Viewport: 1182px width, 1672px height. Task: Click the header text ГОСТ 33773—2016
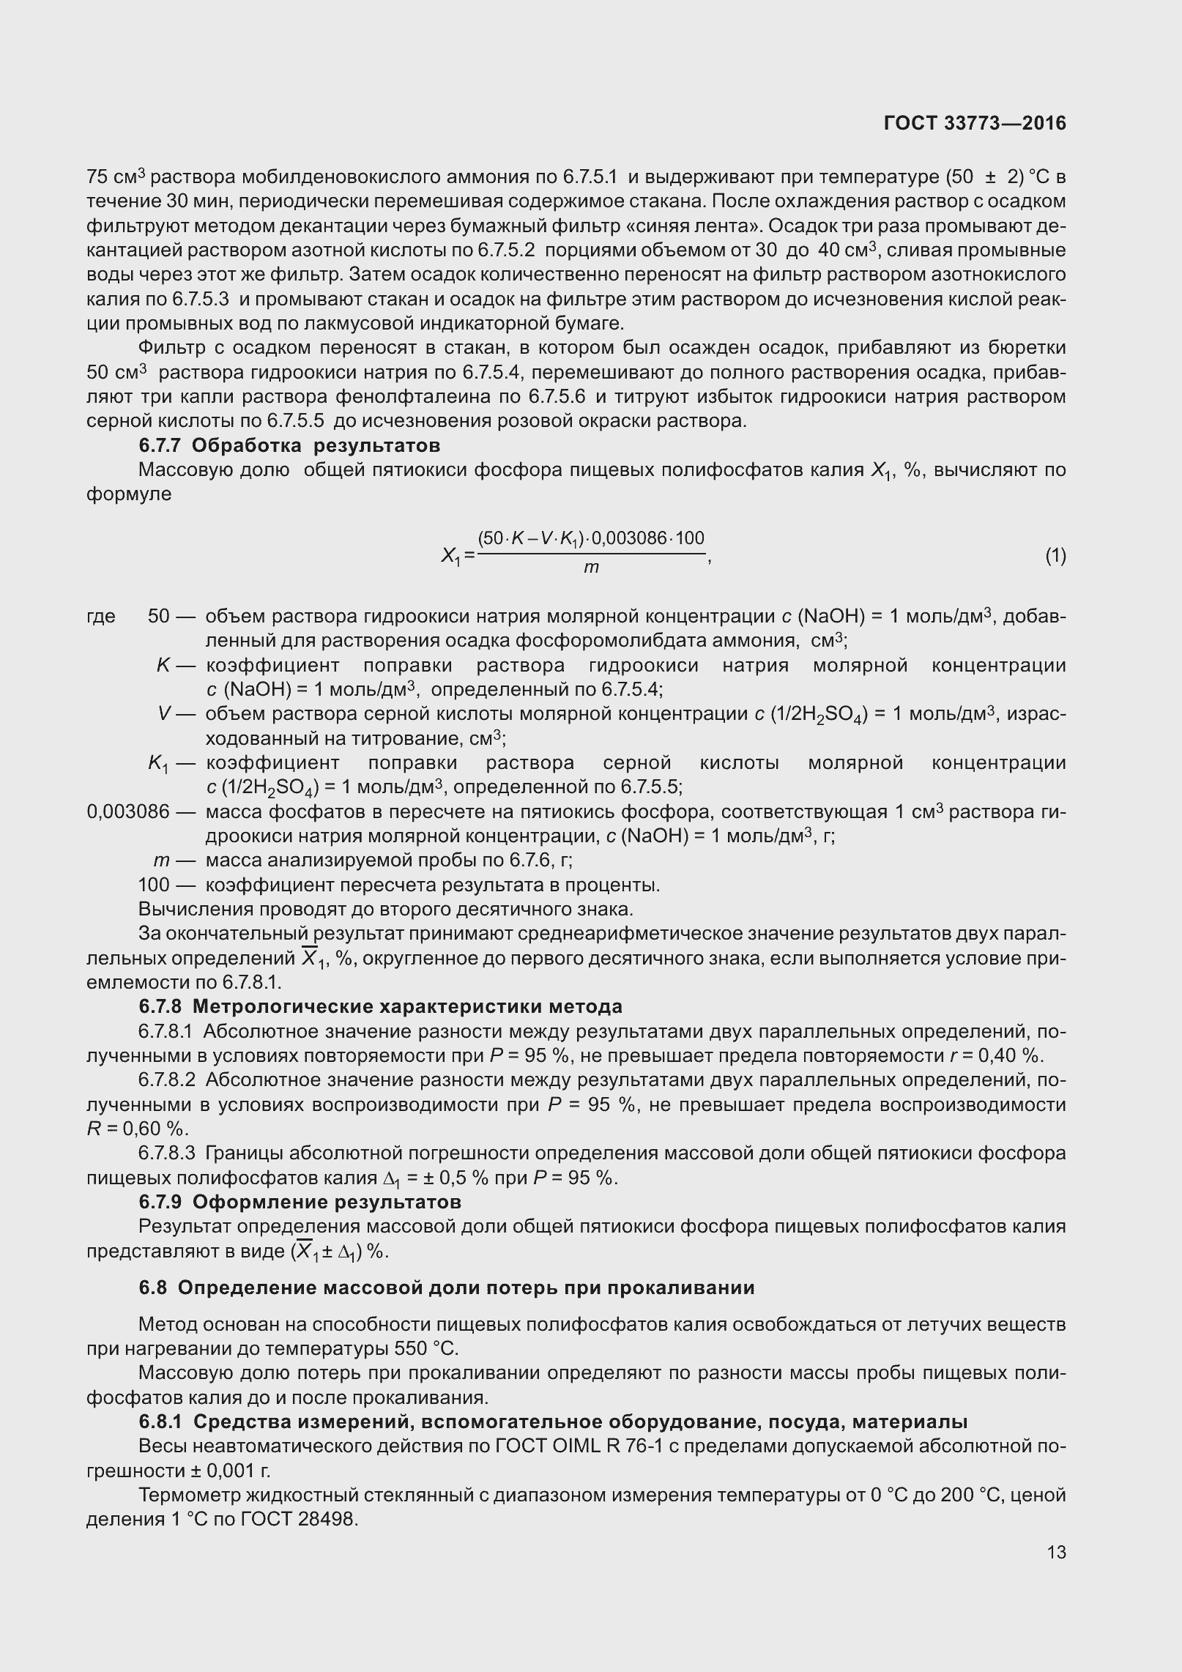(x=975, y=124)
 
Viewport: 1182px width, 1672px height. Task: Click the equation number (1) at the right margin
(x=1055, y=556)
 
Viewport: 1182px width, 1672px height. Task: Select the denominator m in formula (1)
(x=591, y=568)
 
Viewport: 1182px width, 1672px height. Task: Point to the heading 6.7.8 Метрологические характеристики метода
(x=381, y=1006)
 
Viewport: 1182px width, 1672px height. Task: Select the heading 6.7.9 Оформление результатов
(x=300, y=1202)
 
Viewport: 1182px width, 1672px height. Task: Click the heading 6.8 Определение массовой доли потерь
(x=447, y=1288)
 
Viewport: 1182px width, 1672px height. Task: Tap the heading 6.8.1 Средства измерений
(x=553, y=1422)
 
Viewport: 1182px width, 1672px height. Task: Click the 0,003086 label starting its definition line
(x=128, y=811)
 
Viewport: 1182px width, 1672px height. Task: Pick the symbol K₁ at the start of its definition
(x=159, y=764)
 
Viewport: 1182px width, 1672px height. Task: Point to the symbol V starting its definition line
(x=164, y=714)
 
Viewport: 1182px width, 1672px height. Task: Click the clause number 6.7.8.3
(x=166, y=1153)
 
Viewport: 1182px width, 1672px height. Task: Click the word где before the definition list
(x=101, y=616)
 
